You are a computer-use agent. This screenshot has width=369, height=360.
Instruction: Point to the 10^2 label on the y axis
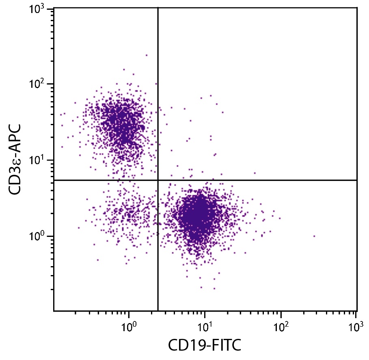[x=39, y=85]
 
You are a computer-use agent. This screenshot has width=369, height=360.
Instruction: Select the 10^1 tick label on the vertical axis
[x=39, y=160]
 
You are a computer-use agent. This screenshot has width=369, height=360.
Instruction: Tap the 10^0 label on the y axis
[x=39, y=236]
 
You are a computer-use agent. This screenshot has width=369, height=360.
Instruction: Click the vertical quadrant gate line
[x=158, y=102]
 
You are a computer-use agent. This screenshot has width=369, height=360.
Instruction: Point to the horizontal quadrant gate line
[x=264, y=180]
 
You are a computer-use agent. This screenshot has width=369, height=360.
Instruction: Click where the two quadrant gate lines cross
[x=158, y=180]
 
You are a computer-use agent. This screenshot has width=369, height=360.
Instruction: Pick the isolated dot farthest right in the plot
[x=314, y=236]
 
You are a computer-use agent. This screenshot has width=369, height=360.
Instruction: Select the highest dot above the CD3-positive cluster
[x=147, y=55]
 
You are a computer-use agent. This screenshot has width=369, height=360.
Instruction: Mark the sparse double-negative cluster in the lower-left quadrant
[x=126, y=213]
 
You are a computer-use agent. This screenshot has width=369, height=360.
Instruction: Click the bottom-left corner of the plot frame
[x=54, y=311]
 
